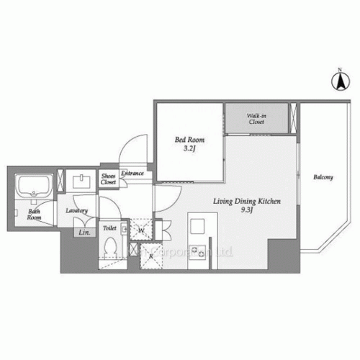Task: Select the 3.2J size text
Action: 189,149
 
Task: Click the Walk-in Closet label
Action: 256,119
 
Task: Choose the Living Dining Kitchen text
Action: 246,202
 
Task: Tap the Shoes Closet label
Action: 108,179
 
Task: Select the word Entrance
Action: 132,173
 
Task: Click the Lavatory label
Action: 76,210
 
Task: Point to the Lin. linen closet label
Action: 84,233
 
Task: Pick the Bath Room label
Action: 34,214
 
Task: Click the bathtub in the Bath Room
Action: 34,189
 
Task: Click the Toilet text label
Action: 109,228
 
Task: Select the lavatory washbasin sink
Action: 79,181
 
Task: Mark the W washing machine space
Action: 140,230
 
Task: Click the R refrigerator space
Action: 152,255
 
